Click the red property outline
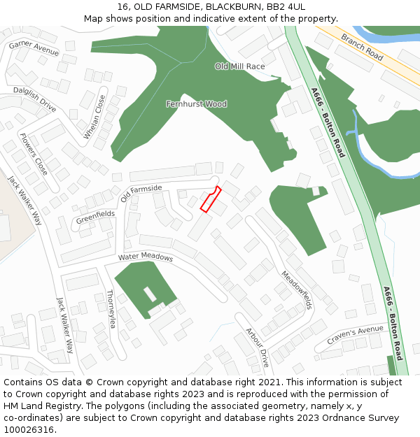pos(211,199)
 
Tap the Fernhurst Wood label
pos(196,104)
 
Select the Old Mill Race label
pos(240,66)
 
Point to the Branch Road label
pos(362,47)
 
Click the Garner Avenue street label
pos(34,48)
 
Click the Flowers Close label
pos(34,154)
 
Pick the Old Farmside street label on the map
pos(141,193)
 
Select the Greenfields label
pos(95,219)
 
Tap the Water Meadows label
pos(145,257)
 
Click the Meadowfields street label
pos(297,290)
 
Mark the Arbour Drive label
pos(257,348)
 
